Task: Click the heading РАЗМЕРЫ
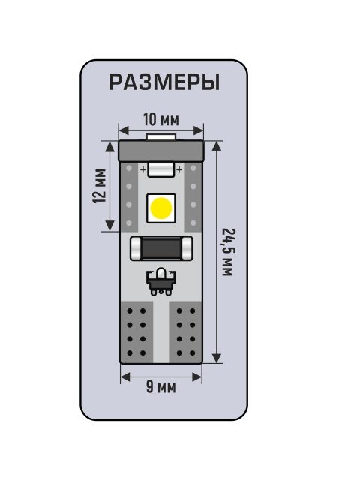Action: [x=164, y=82]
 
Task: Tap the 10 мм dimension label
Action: [x=161, y=119]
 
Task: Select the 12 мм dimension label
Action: [x=100, y=186]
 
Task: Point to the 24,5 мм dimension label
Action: [x=228, y=252]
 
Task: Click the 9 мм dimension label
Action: [x=161, y=387]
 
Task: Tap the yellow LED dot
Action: [x=161, y=208]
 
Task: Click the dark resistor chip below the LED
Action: [x=161, y=248]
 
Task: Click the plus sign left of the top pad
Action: [x=143, y=169]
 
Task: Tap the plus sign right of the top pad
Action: [x=179, y=169]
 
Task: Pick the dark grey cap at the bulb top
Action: [x=161, y=151]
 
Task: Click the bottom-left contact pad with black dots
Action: [x=136, y=332]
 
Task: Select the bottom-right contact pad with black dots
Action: [x=185, y=332]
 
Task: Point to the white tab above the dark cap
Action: [x=161, y=137]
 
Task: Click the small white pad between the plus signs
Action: [x=161, y=170]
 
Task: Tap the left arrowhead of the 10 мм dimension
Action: [x=124, y=130]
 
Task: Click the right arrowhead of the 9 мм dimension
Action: [x=197, y=376]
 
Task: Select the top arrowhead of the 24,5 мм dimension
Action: [x=217, y=146]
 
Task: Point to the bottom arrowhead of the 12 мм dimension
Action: [x=109, y=226]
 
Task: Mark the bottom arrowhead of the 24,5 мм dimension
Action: [x=217, y=358]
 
